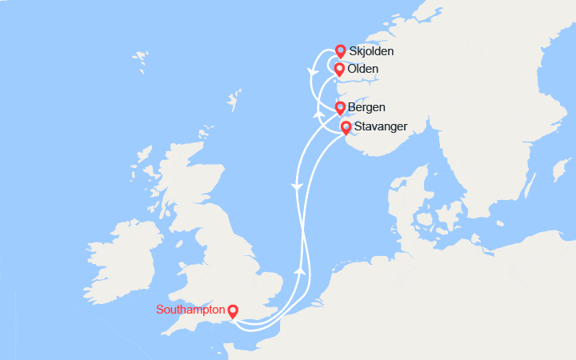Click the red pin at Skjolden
click(340, 51)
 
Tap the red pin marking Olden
click(339, 70)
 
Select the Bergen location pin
click(340, 107)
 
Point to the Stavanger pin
click(346, 127)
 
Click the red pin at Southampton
click(233, 310)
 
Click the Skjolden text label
click(372, 52)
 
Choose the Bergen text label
click(367, 107)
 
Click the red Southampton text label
click(190, 310)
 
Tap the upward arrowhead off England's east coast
click(301, 272)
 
